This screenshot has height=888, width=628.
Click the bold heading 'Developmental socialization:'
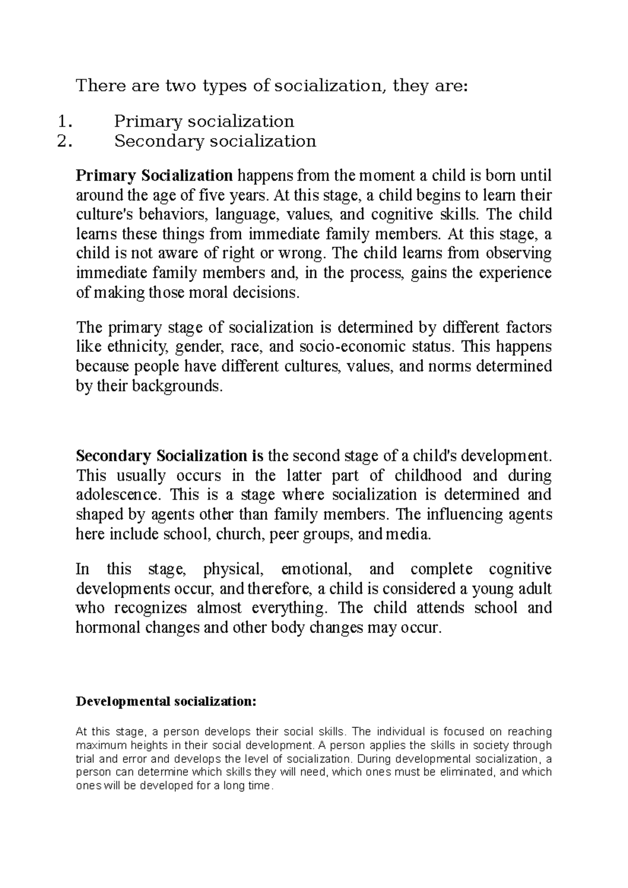click(166, 701)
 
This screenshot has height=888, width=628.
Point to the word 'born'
click(490, 175)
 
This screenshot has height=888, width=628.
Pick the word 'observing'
click(519, 254)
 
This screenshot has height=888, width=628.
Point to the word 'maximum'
click(98, 745)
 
